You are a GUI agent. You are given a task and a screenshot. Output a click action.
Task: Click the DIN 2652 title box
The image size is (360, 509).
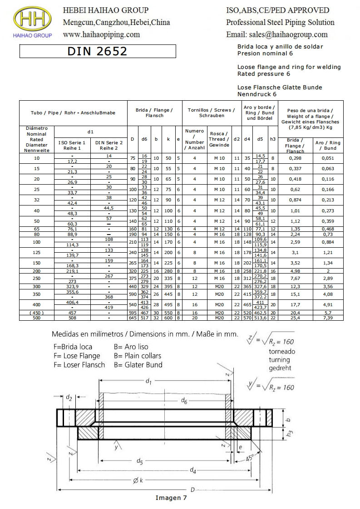[x=98, y=51]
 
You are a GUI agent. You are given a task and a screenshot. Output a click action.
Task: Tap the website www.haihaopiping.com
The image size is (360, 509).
[x=101, y=34]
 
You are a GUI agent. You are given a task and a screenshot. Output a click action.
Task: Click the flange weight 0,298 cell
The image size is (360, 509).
[x=295, y=158]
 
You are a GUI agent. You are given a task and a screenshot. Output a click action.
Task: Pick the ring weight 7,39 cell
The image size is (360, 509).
[x=328, y=318]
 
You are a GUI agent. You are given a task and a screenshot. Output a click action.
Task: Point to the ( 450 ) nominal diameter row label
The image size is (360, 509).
[x=36, y=313]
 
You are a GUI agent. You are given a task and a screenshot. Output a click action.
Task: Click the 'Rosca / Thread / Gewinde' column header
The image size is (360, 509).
[x=219, y=139]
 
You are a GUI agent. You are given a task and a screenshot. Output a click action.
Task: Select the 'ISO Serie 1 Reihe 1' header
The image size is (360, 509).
[x=72, y=146]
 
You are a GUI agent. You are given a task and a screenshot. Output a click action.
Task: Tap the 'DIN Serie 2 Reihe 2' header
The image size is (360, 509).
[x=109, y=146]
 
